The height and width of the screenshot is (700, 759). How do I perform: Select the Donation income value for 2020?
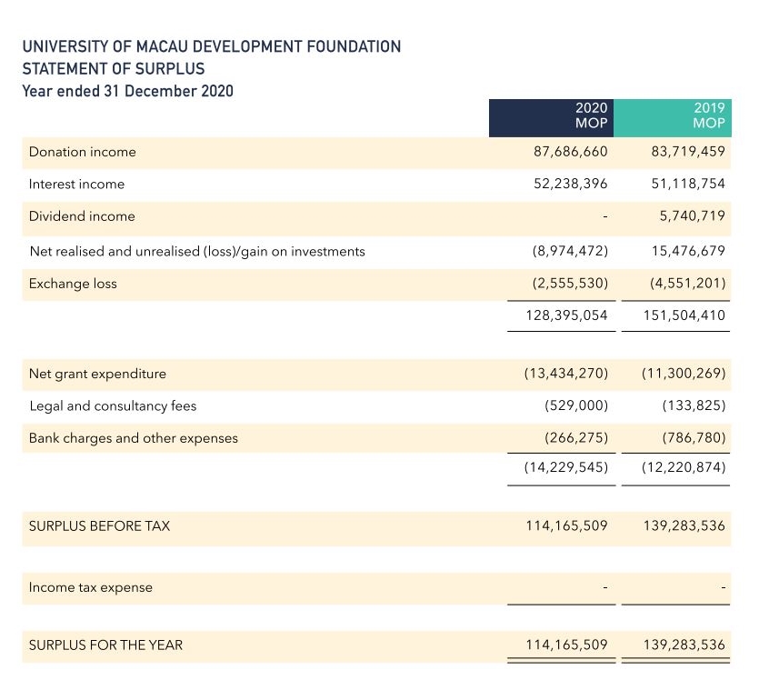tap(570, 152)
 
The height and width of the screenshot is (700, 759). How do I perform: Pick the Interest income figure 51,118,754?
tap(688, 184)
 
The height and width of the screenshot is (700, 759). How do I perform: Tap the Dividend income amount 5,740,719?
tap(693, 215)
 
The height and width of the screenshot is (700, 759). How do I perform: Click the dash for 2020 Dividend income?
tap(605, 216)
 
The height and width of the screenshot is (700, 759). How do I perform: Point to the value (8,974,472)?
tap(570, 251)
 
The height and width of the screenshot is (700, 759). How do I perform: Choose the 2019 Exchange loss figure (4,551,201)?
tap(688, 283)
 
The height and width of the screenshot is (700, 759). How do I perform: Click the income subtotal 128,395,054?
tap(566, 315)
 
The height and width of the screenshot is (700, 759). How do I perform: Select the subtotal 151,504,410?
tap(684, 315)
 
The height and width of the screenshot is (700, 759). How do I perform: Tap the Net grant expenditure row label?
tap(97, 374)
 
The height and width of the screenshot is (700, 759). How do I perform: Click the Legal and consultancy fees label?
tap(113, 405)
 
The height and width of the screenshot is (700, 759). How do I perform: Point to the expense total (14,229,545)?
tap(566, 467)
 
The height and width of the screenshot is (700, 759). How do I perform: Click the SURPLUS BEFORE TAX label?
tap(99, 525)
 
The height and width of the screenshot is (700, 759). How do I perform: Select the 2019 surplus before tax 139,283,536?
tap(684, 525)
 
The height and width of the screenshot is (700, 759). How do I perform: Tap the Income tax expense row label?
tap(91, 587)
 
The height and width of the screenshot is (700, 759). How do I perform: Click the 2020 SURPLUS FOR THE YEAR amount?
tap(566, 645)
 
